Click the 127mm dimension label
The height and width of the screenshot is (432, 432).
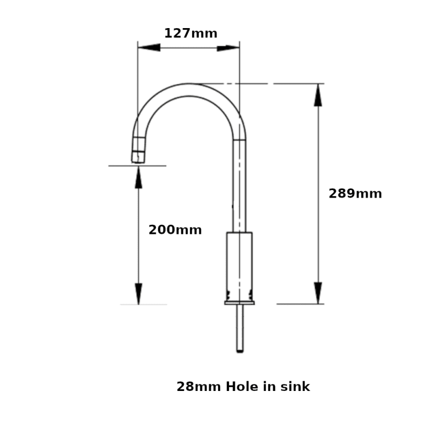[191, 33]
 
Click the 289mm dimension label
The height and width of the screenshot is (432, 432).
[355, 194]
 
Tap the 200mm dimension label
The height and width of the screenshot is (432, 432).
[175, 230]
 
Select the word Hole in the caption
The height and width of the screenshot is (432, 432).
[242, 387]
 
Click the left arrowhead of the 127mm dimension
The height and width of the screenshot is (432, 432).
[149, 48]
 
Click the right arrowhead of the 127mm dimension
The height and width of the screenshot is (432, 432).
[228, 48]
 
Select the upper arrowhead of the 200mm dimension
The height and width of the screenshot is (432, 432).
[139, 177]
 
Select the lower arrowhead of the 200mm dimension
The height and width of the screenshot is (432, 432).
[139, 294]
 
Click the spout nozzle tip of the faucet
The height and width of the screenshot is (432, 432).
[139, 157]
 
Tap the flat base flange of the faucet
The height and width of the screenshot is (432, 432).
[239, 302]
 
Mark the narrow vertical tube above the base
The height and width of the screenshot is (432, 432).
[239, 184]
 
